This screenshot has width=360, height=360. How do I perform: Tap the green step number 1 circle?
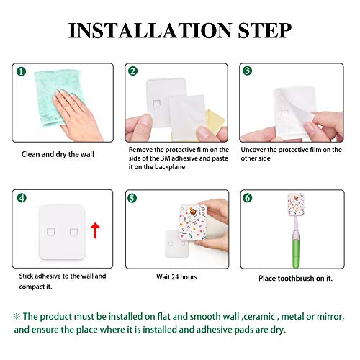coord(22,72)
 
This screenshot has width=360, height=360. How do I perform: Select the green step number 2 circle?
coord(132,71)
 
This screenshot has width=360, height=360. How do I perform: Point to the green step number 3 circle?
coord(246,71)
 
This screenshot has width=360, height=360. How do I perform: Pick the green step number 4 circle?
coord(21,197)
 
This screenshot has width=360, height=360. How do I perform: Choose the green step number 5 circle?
coord(132,197)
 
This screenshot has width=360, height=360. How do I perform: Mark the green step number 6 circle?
coord(246,197)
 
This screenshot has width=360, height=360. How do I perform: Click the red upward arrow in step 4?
coord(94,230)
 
